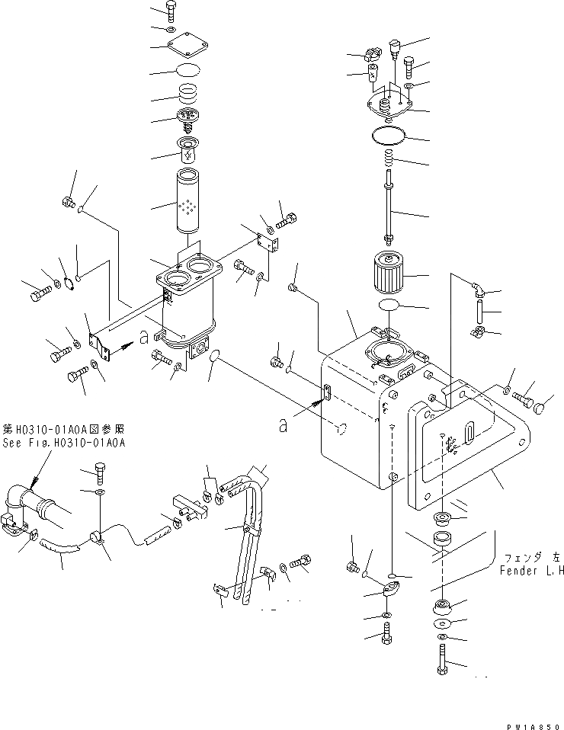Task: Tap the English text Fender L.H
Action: tap(532, 571)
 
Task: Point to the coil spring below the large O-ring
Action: tap(389, 160)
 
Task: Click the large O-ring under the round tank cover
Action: tap(390, 136)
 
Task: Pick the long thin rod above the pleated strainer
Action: tap(389, 212)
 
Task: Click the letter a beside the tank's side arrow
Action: tap(283, 427)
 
